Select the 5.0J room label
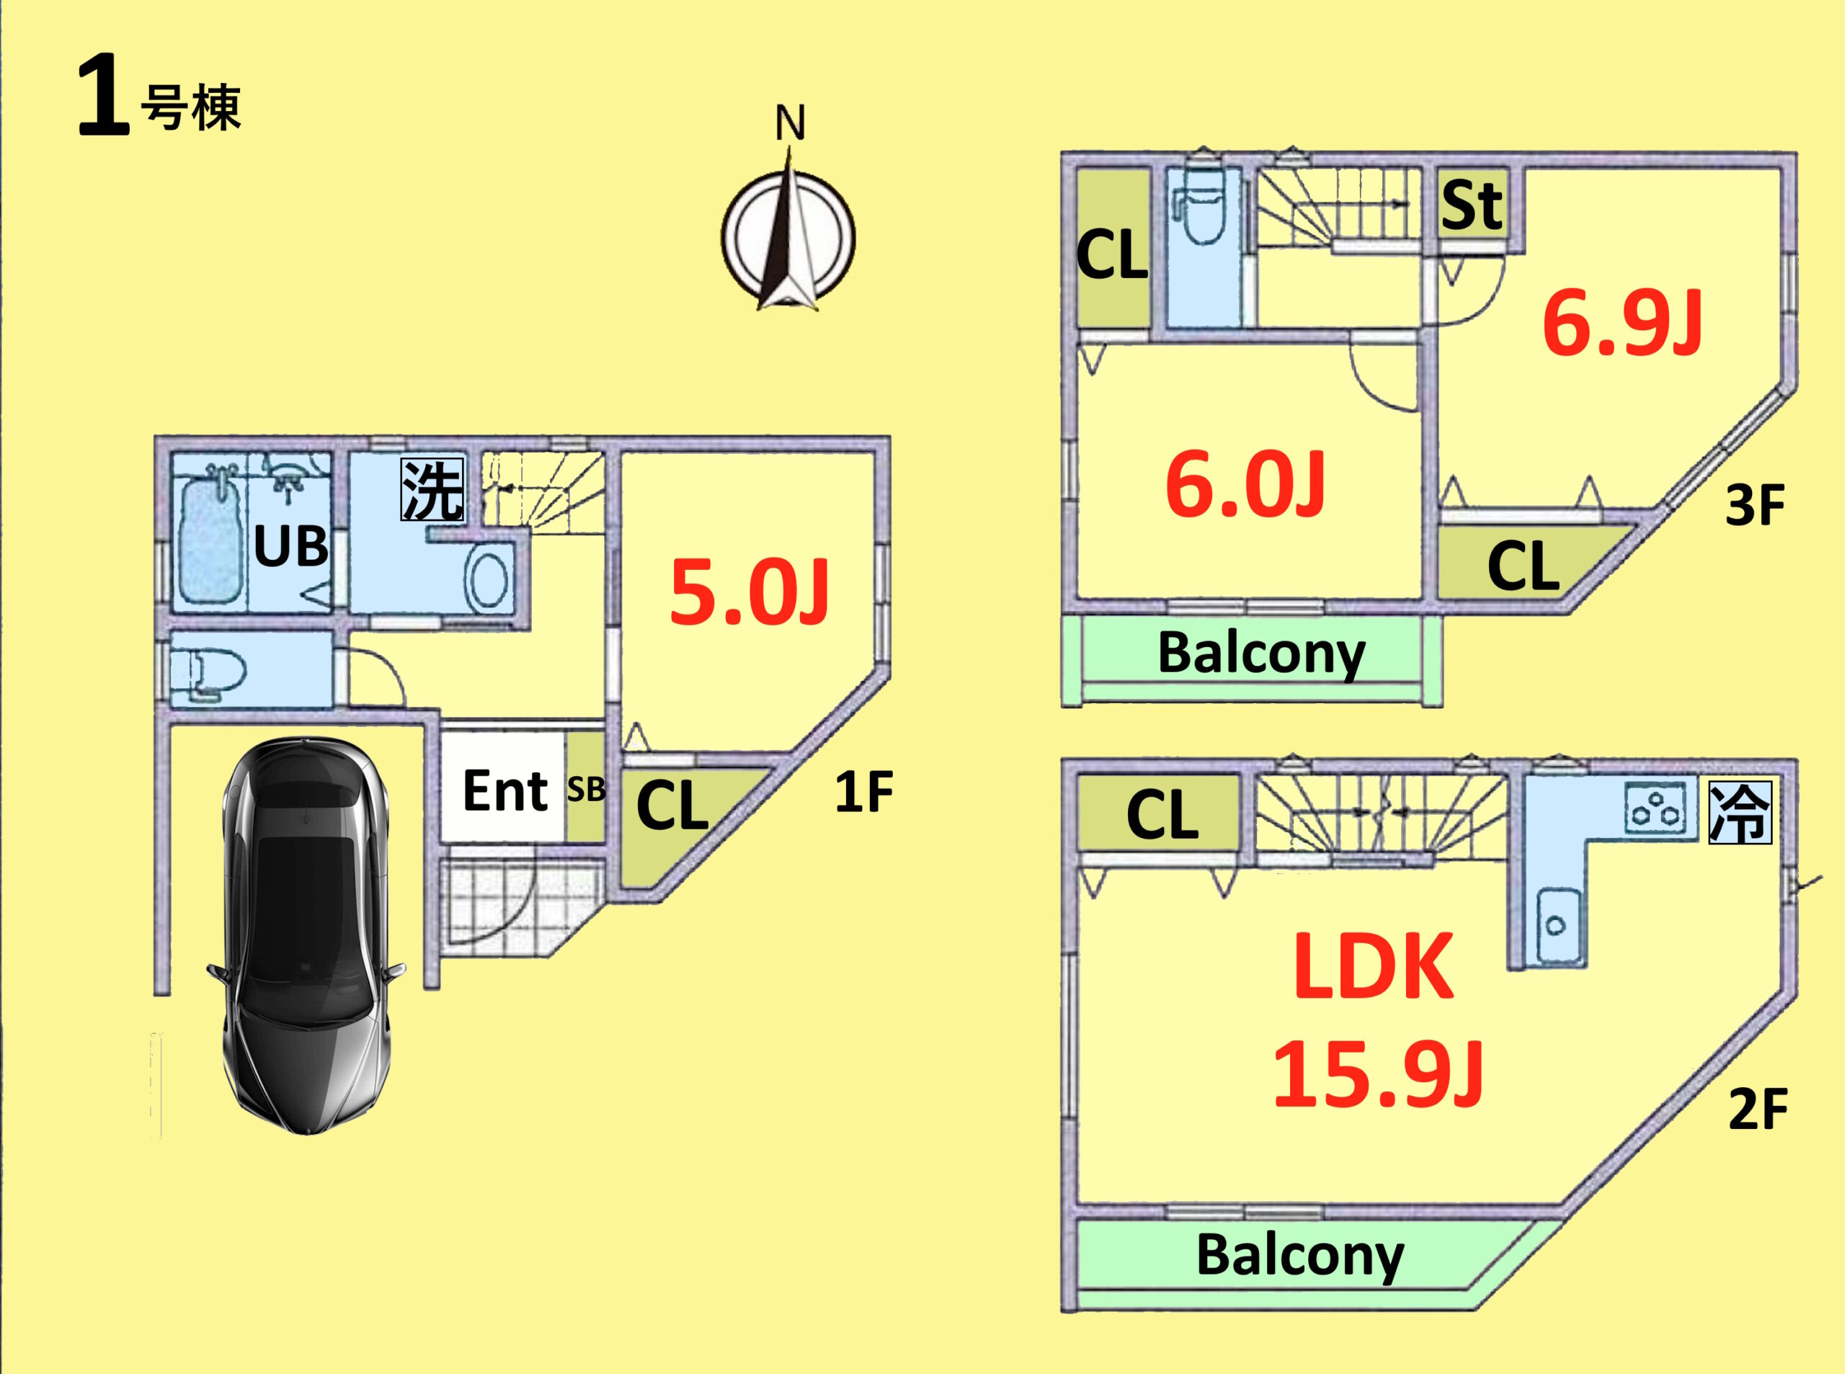[749, 593]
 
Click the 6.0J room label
[1245, 485]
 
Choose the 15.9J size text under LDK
[1377, 1076]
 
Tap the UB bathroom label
[290, 546]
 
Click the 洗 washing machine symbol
[432, 491]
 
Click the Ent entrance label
[504, 790]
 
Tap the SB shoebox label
[586, 789]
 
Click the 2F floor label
[1758, 1109]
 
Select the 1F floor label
[863, 792]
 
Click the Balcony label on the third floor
[1261, 653]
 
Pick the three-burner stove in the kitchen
[1655, 808]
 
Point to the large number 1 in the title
[102, 96]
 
